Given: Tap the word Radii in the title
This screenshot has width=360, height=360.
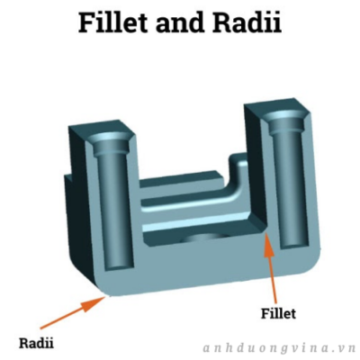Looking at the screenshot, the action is tap(247, 22).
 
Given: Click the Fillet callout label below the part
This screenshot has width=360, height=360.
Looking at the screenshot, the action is tap(278, 313).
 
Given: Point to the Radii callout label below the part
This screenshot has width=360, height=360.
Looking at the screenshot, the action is tap(36, 343).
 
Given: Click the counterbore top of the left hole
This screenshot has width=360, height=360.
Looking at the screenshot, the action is tap(111, 141).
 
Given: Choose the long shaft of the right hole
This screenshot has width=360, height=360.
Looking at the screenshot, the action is tap(291, 186).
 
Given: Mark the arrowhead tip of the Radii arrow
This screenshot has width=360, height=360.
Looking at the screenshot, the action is tap(106, 296).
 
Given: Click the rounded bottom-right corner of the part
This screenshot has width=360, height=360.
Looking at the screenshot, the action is tap(312, 264).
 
